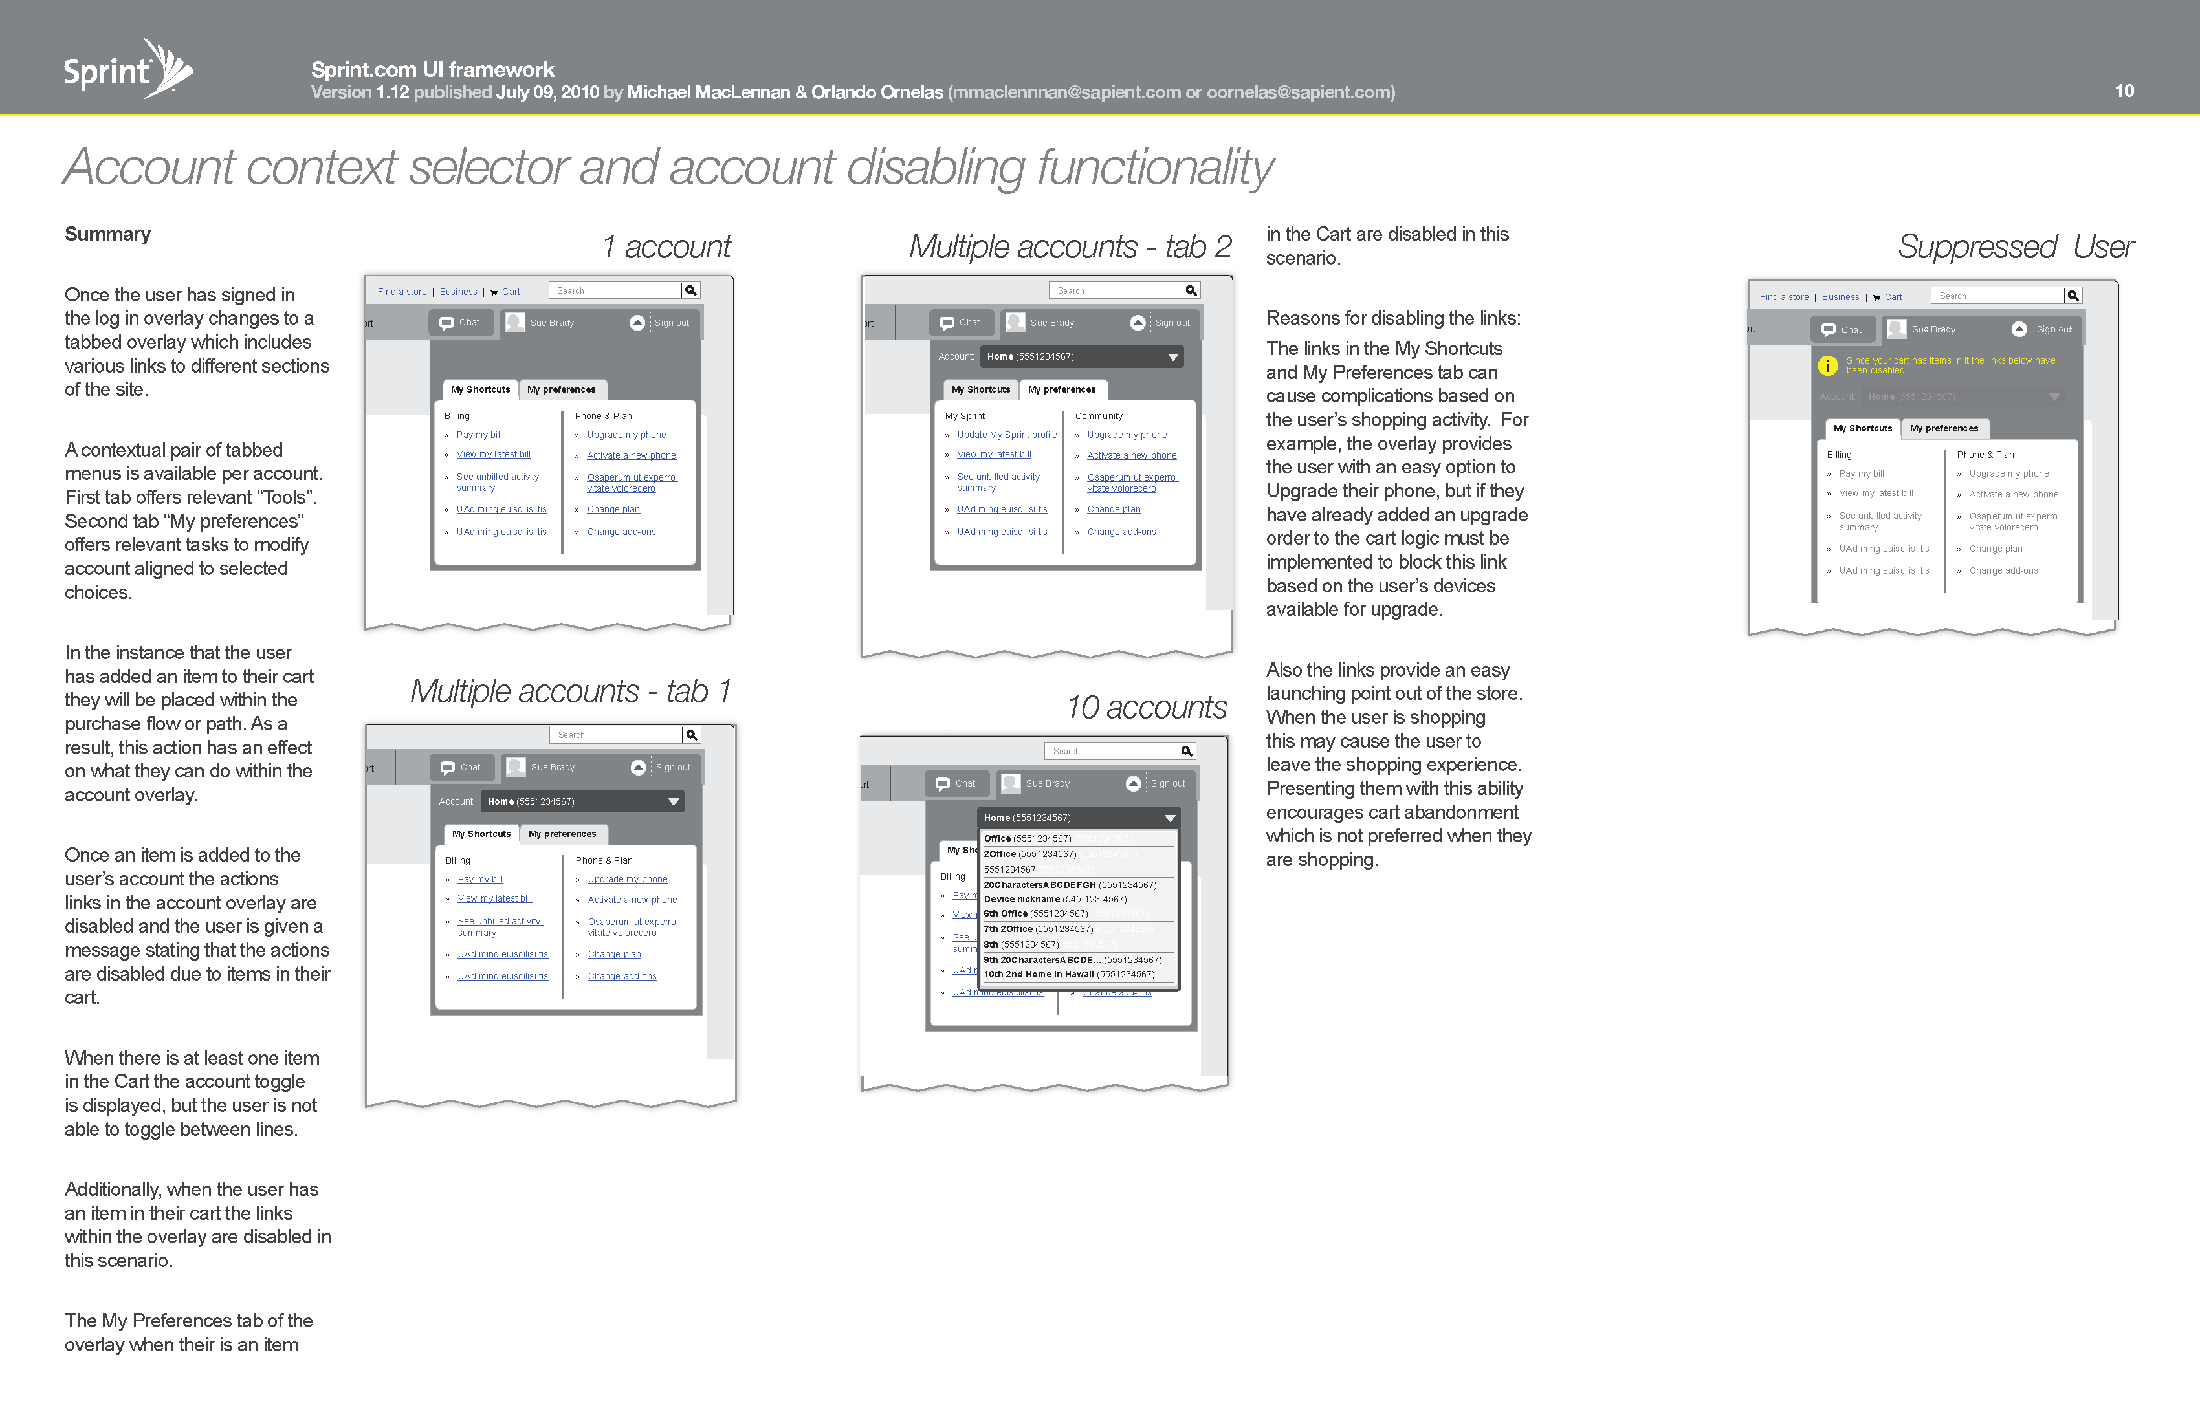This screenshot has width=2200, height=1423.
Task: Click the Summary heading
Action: pyautogui.click(x=107, y=234)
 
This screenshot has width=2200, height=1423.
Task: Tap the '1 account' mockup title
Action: pyautogui.click(x=666, y=246)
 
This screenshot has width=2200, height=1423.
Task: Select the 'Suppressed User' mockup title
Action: pyautogui.click(x=2015, y=246)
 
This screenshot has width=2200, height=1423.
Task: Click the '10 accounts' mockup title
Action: pyautogui.click(x=1146, y=708)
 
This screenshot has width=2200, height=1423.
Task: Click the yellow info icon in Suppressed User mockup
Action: pyautogui.click(x=1827, y=366)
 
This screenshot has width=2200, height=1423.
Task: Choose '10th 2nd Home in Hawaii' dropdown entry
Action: pyautogui.click(x=1068, y=974)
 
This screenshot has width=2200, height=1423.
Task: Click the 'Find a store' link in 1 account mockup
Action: pyautogui.click(x=402, y=292)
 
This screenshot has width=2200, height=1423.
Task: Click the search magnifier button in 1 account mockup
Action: pyautogui.click(x=690, y=290)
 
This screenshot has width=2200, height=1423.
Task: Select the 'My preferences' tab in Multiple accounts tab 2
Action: pyautogui.click(x=1061, y=390)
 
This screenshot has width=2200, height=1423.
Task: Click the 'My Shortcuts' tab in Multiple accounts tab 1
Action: pyautogui.click(x=481, y=834)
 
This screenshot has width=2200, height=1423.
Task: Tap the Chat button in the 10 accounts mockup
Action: pyautogui.click(x=957, y=783)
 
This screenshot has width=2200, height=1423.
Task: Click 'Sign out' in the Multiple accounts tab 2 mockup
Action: pyautogui.click(x=1172, y=323)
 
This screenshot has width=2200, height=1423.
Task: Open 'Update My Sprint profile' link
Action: pyautogui.click(x=1007, y=435)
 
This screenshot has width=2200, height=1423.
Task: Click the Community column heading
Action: pyautogui.click(x=1098, y=417)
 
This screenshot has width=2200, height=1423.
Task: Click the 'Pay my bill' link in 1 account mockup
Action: pyautogui.click(x=479, y=435)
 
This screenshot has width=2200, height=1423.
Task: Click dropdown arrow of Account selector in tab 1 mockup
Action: pyautogui.click(x=674, y=802)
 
